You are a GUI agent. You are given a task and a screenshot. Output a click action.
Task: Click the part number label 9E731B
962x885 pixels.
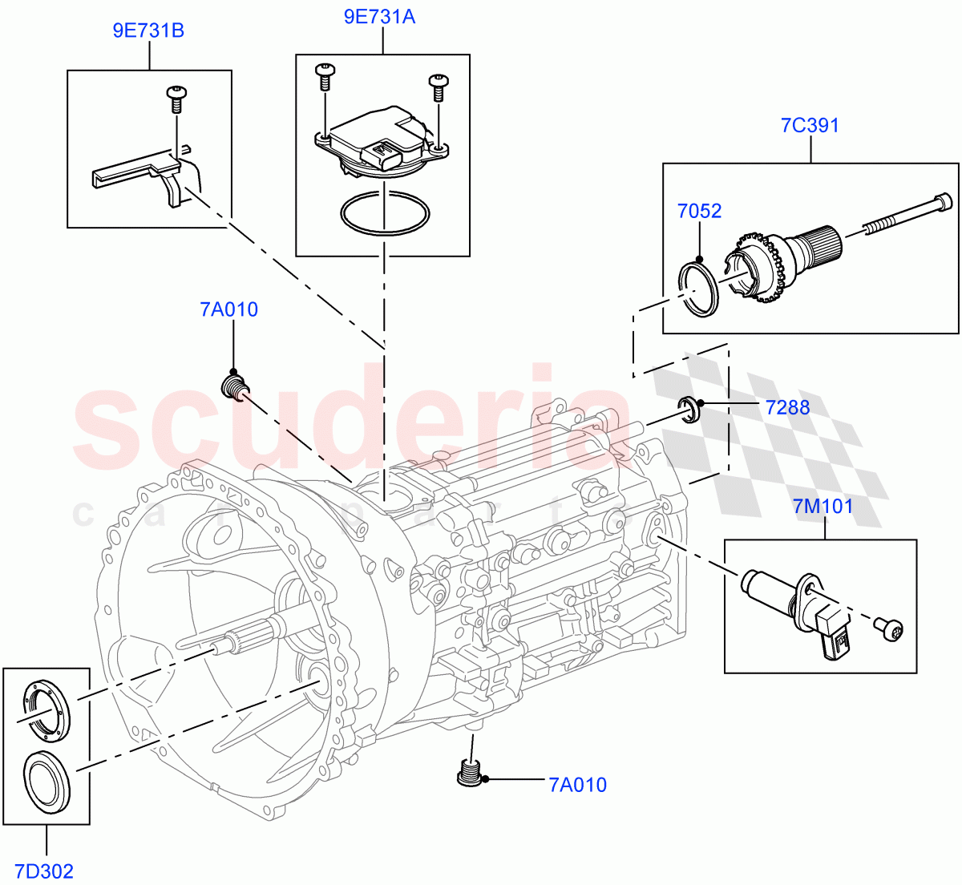coord(148,30)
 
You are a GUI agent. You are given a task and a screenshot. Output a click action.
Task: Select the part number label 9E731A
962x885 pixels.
coord(379,16)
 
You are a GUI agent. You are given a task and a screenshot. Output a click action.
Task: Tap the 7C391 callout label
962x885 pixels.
coord(810,125)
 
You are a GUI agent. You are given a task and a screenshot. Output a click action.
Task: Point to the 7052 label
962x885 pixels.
coord(699,211)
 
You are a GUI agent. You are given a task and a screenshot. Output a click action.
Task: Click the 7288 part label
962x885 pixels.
coord(787,407)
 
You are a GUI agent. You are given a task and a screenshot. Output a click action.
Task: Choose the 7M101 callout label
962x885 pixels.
coord(823,506)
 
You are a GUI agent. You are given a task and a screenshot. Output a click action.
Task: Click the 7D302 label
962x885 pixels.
coord(46,871)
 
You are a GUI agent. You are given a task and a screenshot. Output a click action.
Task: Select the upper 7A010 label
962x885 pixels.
coord(229,309)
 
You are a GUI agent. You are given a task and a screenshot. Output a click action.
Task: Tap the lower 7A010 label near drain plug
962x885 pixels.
coord(577,785)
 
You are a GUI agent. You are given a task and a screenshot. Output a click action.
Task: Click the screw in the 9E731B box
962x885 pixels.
coord(176,97)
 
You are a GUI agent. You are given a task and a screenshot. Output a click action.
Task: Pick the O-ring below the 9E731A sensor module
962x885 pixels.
coord(384,214)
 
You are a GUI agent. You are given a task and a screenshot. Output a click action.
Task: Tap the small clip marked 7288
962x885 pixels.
coord(689,408)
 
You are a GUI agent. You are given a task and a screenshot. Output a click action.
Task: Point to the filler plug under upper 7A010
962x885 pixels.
coord(233,387)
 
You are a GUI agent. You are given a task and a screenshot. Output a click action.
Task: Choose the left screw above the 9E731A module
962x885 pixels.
coord(325,76)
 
